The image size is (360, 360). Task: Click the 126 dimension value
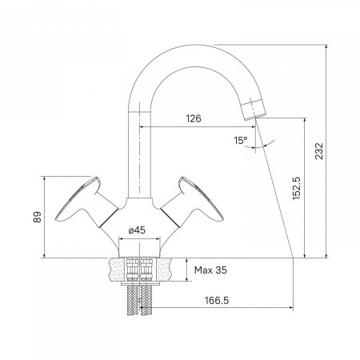tap(194, 118)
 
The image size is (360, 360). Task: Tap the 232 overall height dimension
tap(319, 151)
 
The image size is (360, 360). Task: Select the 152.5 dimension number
tap(296, 188)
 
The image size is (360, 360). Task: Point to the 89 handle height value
tap(38, 217)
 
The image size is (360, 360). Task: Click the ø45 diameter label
tap(137, 230)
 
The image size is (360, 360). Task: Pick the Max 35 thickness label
tap(210, 270)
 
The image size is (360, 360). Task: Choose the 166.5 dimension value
tap(217, 301)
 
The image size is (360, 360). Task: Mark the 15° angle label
tap(241, 140)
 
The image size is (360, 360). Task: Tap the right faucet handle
tap(192, 203)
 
